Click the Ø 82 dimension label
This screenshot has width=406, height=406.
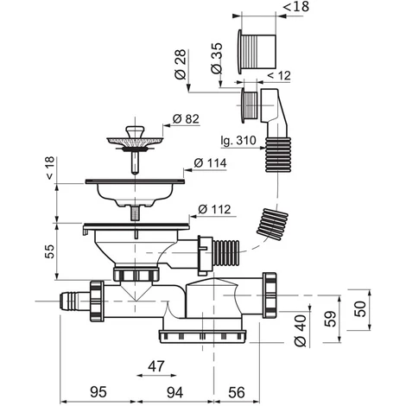click(186, 118)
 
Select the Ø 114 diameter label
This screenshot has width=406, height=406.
click(210, 163)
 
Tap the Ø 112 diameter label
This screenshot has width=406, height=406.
click(214, 209)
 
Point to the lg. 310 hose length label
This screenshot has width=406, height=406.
click(238, 141)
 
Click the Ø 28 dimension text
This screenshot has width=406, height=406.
click(181, 65)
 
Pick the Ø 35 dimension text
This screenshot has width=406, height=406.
click(217, 58)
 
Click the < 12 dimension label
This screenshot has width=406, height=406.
click(279, 75)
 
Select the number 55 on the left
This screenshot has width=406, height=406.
click(49, 251)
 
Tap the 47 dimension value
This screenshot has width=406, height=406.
click(156, 366)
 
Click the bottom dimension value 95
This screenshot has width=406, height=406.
click(98, 392)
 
